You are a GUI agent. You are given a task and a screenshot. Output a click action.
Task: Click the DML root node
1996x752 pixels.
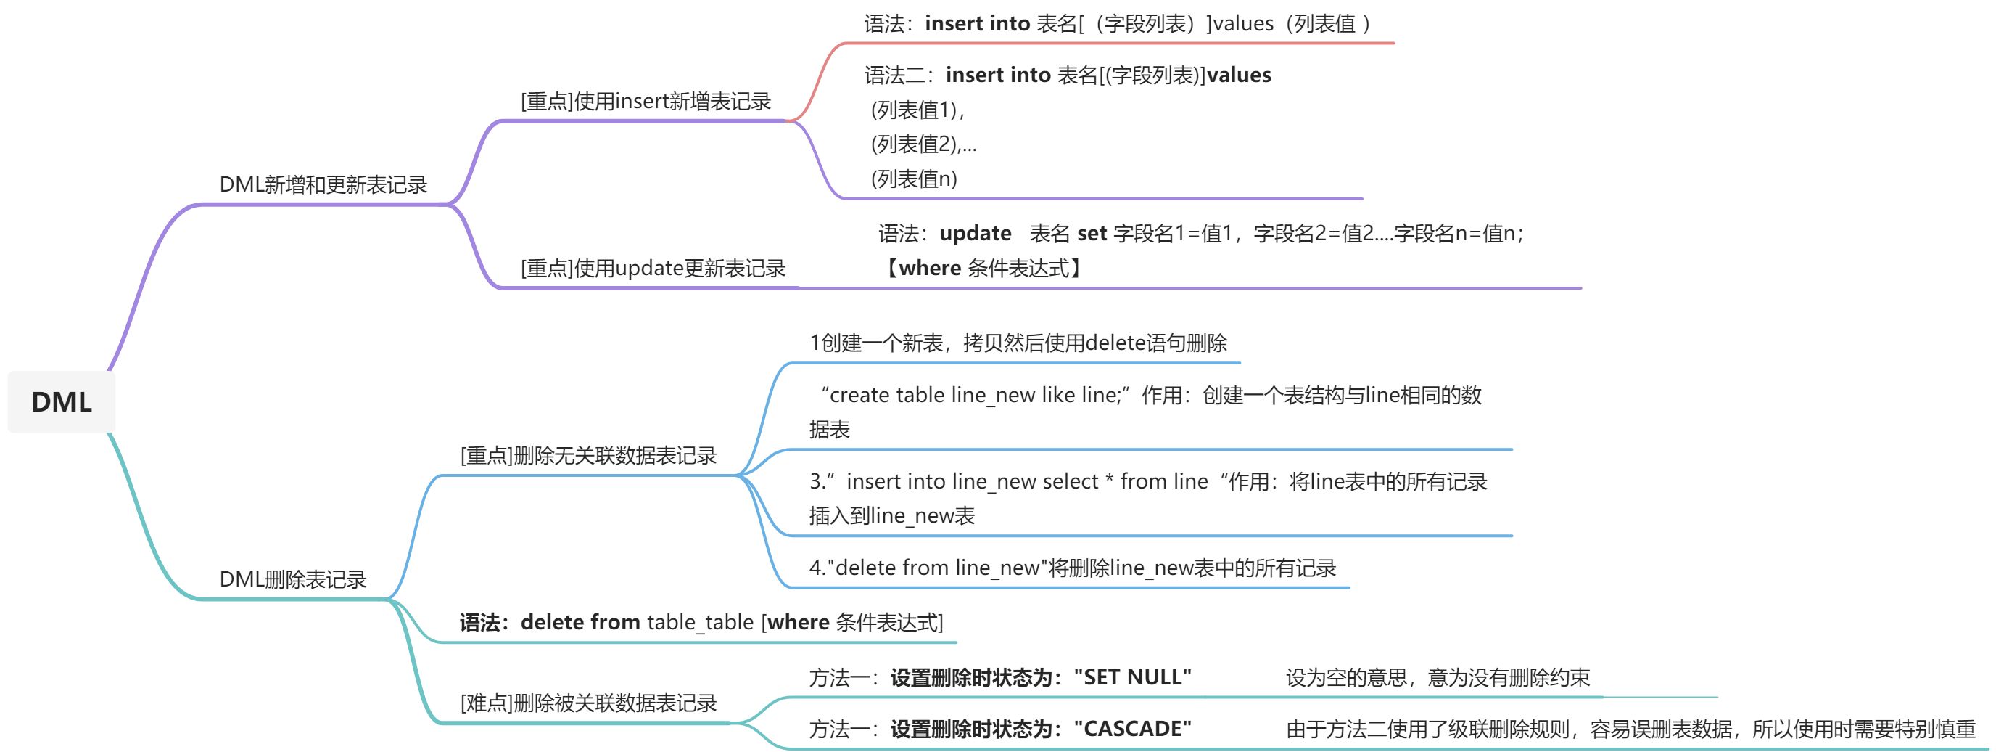click(x=61, y=401)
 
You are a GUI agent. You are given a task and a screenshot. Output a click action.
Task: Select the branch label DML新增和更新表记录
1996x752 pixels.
click(x=323, y=184)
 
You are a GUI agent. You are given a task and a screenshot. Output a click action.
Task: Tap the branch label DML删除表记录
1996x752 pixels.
click(x=292, y=579)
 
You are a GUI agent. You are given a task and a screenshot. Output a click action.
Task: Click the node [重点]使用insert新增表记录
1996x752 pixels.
click(x=646, y=101)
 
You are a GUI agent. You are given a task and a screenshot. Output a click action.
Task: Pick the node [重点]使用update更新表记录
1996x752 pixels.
click(x=653, y=269)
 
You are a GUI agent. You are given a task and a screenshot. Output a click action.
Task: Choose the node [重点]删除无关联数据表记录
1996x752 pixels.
click(x=588, y=455)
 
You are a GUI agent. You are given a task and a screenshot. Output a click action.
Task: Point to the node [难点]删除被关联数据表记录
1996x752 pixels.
click(x=588, y=703)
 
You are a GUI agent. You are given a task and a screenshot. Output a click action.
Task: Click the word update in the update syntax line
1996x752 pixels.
click(x=975, y=233)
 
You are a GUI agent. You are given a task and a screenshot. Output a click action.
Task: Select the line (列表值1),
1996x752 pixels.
click(x=917, y=110)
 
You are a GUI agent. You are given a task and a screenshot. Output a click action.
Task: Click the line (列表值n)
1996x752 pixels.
click(x=914, y=179)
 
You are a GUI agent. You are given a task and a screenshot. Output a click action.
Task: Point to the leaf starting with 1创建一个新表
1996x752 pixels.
click(x=1018, y=343)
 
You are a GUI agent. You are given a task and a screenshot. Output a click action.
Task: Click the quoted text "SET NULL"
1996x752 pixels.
click(x=1132, y=677)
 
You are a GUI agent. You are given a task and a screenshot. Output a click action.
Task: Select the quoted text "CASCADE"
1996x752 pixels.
click(x=1132, y=729)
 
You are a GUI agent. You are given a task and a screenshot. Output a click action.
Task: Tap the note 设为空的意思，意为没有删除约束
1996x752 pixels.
click(x=1438, y=677)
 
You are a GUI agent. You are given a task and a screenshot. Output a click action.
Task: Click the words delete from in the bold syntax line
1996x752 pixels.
click(x=580, y=622)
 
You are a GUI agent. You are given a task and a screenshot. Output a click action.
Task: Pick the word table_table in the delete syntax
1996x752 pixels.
click(x=700, y=622)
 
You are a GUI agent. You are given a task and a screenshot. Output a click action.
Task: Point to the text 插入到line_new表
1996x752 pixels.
click(x=891, y=515)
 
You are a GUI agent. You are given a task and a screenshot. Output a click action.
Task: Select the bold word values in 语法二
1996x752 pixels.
click(x=1239, y=75)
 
